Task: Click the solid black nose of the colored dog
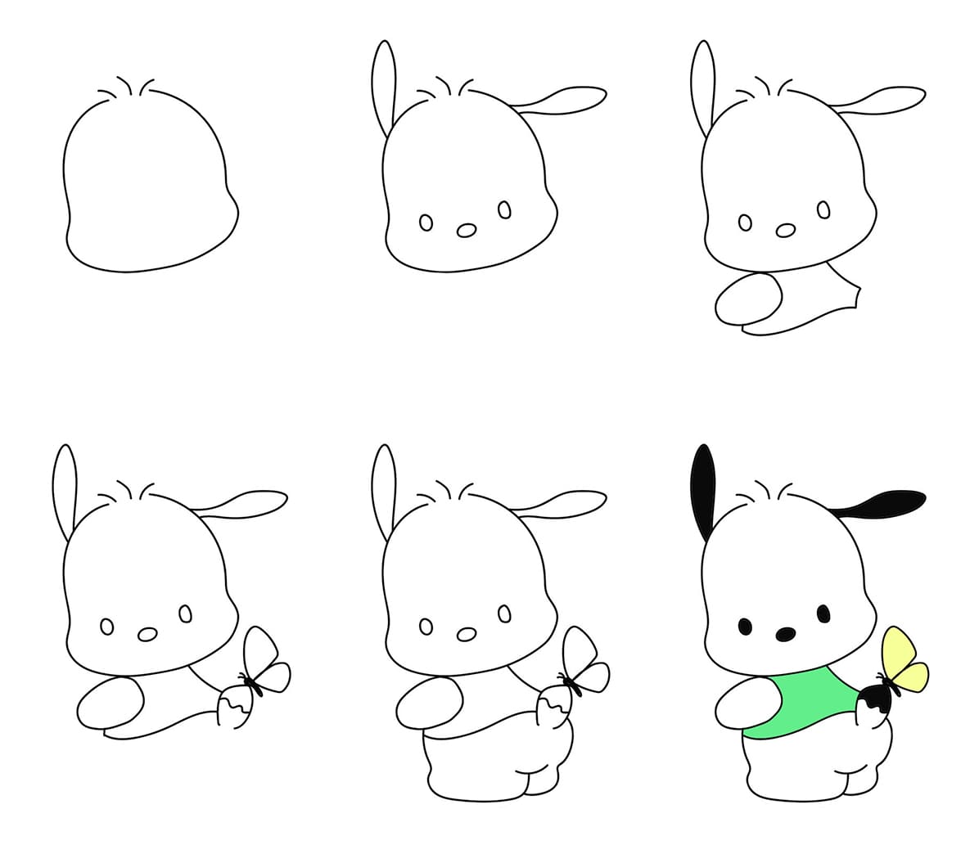tap(785, 633)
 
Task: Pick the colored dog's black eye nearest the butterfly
tap(823, 613)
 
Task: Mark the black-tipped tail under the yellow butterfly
tap(873, 704)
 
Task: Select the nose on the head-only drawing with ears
tap(467, 231)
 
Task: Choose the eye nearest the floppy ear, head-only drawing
tap(504, 210)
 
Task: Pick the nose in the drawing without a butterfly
tap(786, 231)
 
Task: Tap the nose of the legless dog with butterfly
tap(147, 634)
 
